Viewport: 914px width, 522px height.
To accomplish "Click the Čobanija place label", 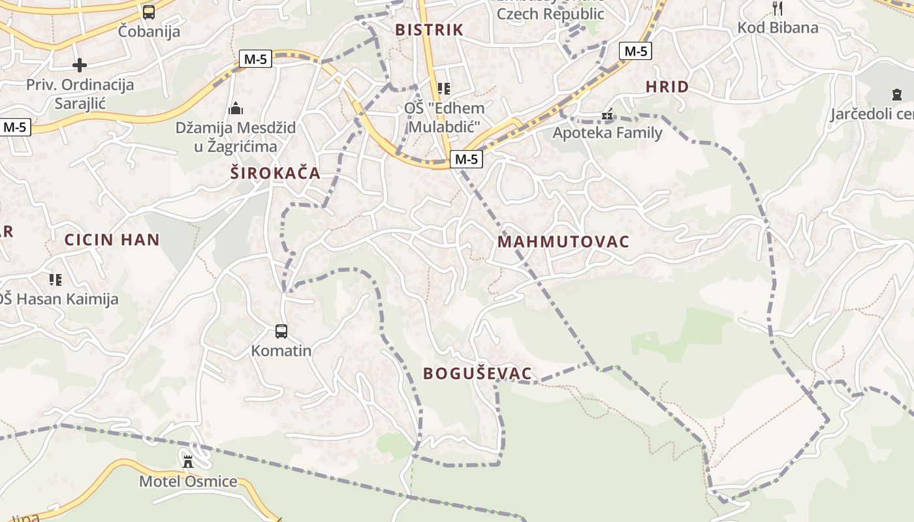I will [x=150, y=31].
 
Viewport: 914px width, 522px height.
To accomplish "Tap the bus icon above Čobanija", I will [x=149, y=12].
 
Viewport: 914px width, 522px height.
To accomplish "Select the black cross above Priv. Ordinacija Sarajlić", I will [x=80, y=65].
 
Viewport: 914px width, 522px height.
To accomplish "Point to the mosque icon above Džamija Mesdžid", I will [x=236, y=108].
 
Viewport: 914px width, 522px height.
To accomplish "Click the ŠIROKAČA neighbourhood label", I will [x=276, y=173].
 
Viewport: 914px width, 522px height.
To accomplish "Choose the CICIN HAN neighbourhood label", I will [x=112, y=239].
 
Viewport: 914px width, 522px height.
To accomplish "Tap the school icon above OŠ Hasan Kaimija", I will [x=55, y=280].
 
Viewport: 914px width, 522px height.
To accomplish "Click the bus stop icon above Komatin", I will [x=281, y=331].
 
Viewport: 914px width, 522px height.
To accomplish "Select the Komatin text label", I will [x=281, y=350].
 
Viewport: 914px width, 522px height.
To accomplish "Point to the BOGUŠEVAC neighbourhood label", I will [x=477, y=374].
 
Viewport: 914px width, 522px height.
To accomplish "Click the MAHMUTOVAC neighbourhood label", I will [x=563, y=242].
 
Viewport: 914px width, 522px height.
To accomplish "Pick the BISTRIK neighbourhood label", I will [x=429, y=29].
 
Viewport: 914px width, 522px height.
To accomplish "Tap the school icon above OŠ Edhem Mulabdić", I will [x=444, y=89].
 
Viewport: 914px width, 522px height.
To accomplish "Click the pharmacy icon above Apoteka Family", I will [x=608, y=115].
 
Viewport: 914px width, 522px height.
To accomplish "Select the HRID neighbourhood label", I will [x=667, y=87].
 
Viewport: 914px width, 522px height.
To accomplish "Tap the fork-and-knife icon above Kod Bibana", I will [x=777, y=8].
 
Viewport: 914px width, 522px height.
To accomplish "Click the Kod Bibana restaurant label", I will [x=778, y=27].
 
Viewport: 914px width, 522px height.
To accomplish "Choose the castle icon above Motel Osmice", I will [x=188, y=462].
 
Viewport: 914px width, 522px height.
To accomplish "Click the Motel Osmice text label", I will [x=188, y=482].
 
